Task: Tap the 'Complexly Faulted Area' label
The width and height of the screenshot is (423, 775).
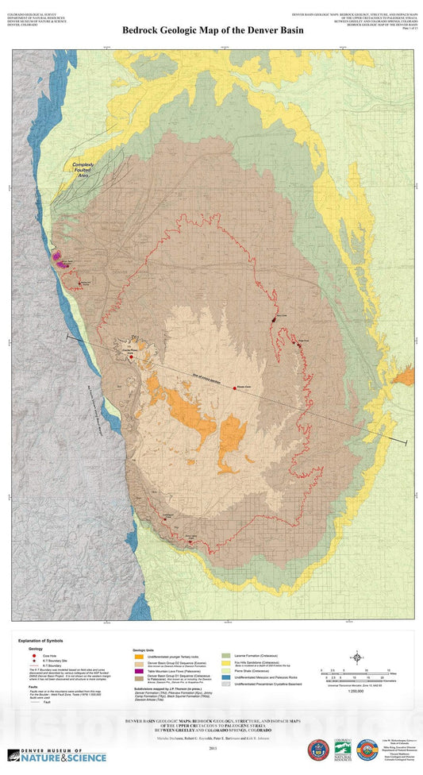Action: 83,168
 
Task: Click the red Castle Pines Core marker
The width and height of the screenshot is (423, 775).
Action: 131,357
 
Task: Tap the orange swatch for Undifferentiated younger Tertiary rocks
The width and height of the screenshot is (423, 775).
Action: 138,657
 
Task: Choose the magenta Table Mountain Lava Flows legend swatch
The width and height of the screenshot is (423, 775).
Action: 138,671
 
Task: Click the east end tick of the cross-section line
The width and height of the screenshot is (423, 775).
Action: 406,441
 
